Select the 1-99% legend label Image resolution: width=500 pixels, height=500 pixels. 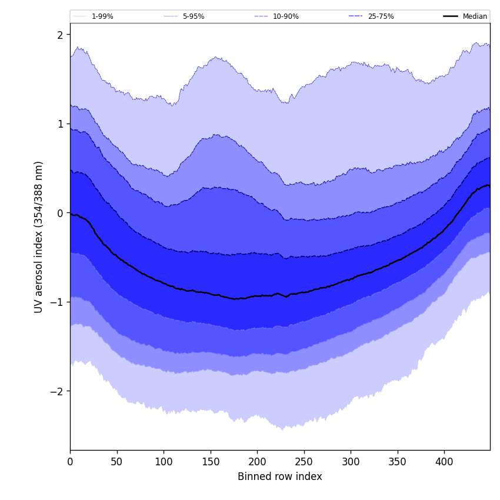click(x=102, y=16)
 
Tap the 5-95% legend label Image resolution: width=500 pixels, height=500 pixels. click(x=193, y=16)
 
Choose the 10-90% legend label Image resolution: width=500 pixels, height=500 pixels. click(x=285, y=16)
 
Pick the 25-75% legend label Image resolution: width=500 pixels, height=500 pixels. click(x=381, y=16)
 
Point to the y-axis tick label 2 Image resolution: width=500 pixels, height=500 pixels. click(x=60, y=35)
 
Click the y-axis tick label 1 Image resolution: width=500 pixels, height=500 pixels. click(x=60, y=124)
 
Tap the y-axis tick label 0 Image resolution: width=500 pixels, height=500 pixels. click(x=60, y=213)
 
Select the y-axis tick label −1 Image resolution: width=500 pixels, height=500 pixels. click(x=57, y=302)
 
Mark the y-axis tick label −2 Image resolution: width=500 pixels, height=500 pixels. click(x=57, y=391)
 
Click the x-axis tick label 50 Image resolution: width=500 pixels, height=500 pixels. click(x=117, y=462)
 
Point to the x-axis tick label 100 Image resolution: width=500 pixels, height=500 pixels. click(x=164, y=462)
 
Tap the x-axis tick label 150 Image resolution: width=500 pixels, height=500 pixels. click(x=211, y=462)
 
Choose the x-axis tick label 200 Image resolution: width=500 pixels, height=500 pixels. click(x=257, y=462)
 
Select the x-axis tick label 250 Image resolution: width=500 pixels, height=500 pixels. click(x=304, y=462)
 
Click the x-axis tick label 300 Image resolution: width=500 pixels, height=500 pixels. click(x=351, y=462)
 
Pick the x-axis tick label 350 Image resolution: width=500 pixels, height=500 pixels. click(x=398, y=462)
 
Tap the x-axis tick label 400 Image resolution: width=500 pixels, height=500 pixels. click(x=444, y=462)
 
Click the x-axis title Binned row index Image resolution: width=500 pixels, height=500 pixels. click(x=280, y=477)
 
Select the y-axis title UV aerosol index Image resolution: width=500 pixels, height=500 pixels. click(x=39, y=236)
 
